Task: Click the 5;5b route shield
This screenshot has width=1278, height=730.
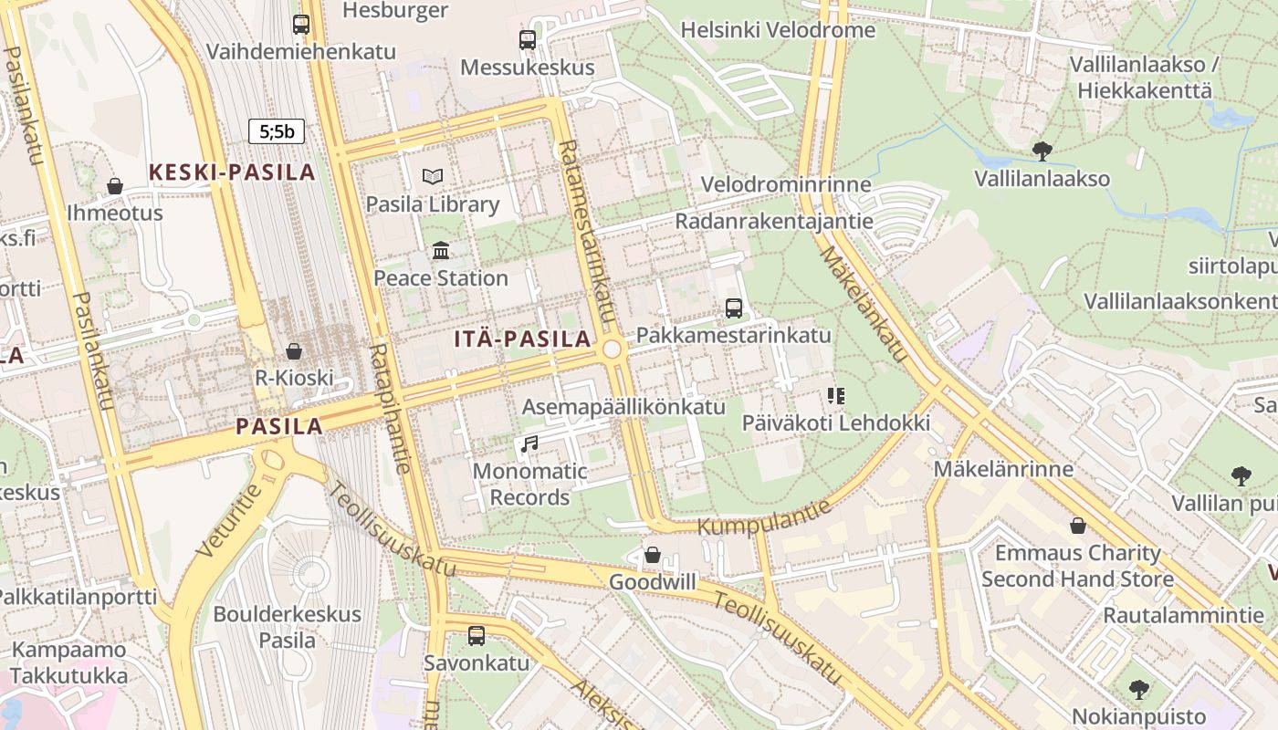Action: (x=277, y=131)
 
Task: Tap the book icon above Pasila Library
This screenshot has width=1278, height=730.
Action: (x=432, y=177)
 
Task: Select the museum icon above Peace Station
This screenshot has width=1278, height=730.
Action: (x=441, y=250)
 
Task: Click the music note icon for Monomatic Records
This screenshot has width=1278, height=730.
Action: (x=529, y=444)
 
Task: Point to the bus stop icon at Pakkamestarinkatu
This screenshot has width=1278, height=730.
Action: (x=734, y=308)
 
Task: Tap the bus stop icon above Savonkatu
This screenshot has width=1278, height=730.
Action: (x=476, y=636)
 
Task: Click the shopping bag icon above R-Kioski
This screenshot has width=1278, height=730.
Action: (x=294, y=351)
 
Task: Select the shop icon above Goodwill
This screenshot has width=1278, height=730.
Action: (x=652, y=555)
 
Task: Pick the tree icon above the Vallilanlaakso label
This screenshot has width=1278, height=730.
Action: (x=1042, y=151)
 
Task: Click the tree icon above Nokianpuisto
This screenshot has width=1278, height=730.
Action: (x=1138, y=689)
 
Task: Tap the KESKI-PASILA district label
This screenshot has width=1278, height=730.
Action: (x=232, y=172)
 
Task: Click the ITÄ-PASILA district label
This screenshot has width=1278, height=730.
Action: (x=523, y=339)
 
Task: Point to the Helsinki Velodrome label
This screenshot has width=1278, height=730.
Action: (x=778, y=30)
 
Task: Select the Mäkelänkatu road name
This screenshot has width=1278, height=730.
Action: (x=863, y=302)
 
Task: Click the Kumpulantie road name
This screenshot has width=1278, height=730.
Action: (x=765, y=517)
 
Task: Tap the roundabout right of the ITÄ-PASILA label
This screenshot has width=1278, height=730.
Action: (x=612, y=349)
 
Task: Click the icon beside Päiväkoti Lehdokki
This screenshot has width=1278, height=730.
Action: (x=835, y=396)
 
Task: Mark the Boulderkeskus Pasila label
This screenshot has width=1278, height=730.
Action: (x=288, y=627)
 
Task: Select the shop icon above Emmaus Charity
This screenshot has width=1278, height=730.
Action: (x=1077, y=526)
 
